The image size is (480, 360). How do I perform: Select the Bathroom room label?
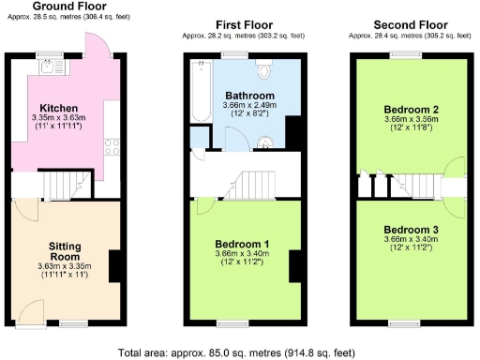pos(248,96)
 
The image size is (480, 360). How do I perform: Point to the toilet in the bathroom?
pos(264,70)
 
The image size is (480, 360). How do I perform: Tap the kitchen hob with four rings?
pos(112,146)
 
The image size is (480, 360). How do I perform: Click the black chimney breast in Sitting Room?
pos(115,267)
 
